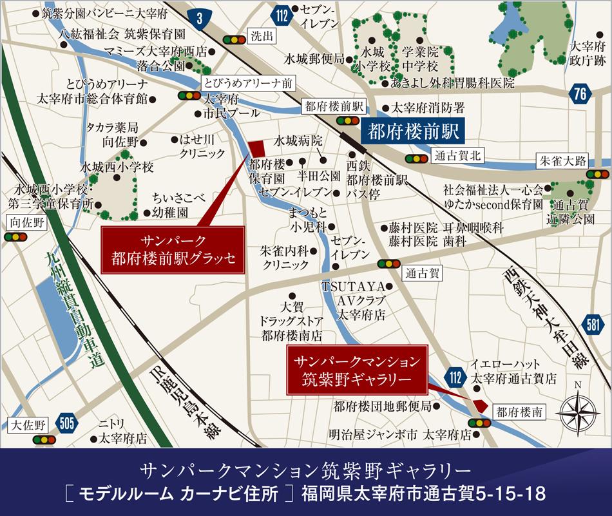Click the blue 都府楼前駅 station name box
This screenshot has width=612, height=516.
coord(412,131)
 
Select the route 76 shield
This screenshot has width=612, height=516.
coord(580,94)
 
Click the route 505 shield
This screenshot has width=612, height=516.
coord(66,423)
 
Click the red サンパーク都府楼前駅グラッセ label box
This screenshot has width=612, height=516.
coord(173,251)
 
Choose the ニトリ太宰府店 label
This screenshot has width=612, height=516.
coord(122,431)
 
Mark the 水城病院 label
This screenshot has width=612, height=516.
coord(297,140)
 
